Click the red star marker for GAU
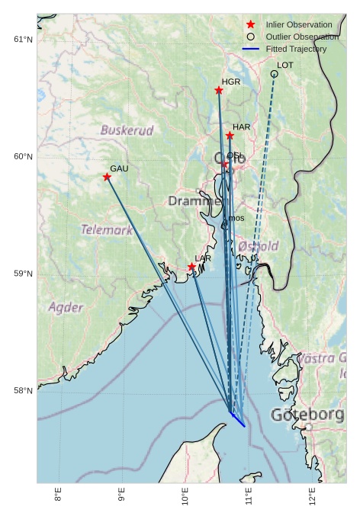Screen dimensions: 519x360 coord(107,177)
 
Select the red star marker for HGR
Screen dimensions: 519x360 coord(219,91)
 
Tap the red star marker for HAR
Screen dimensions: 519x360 coord(230,136)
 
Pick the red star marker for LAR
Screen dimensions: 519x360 coord(191,267)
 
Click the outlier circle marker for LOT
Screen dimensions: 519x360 coord(274,74)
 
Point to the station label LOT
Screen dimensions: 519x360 coord(285,66)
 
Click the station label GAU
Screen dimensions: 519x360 coord(119,168)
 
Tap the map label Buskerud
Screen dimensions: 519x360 coord(127,130)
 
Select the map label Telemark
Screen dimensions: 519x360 coord(107,229)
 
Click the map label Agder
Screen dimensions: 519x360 coord(66,308)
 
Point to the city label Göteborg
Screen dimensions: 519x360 coord(307,415)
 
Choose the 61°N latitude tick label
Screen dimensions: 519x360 coord(24,40)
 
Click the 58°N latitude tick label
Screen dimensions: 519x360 coord(24,391)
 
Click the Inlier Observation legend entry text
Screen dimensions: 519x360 coord(299,25)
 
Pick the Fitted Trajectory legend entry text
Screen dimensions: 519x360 coord(296,49)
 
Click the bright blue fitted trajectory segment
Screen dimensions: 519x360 coord(238,419)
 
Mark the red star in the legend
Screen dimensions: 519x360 coord(250,25)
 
